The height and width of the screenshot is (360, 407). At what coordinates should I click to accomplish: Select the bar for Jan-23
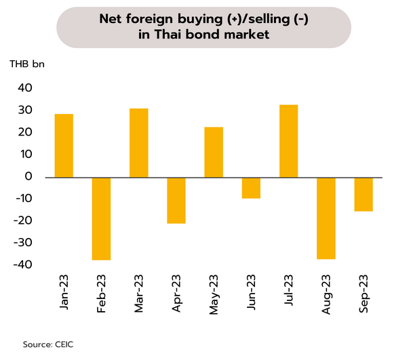[64, 146]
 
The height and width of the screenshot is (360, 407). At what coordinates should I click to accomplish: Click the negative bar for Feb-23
[101, 218]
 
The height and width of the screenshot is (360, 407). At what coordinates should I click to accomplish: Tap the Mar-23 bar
[138, 143]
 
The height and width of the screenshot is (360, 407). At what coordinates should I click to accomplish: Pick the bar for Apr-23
[176, 200]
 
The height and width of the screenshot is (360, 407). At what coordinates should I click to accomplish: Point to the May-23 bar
[214, 153]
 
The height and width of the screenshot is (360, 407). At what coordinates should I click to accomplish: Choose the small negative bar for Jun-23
[251, 188]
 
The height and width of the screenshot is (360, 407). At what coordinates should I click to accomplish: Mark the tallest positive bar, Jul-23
[288, 141]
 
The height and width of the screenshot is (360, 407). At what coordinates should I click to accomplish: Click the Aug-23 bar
[326, 218]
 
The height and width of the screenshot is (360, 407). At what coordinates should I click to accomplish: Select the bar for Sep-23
[363, 194]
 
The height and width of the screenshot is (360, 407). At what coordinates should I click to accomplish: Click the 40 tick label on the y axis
[24, 88]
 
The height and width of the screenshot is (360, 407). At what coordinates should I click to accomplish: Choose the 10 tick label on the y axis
[26, 155]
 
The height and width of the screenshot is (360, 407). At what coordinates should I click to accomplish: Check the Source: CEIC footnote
[48, 345]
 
